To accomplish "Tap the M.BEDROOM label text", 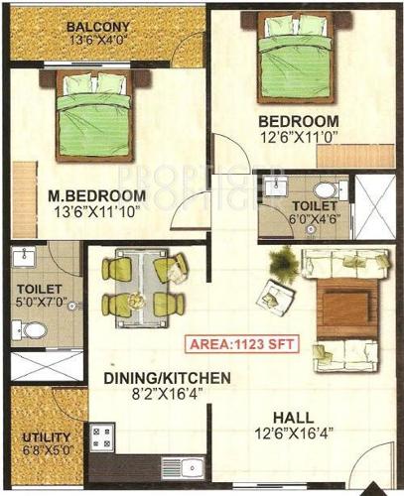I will tap(97, 194).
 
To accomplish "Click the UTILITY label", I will tap(46, 436).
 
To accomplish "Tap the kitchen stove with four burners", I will tap(101, 436).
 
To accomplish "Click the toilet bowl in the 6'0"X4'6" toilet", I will tap(324, 189).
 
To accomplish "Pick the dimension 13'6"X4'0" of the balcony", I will tap(98, 41).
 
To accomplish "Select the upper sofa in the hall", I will tap(341, 263).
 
